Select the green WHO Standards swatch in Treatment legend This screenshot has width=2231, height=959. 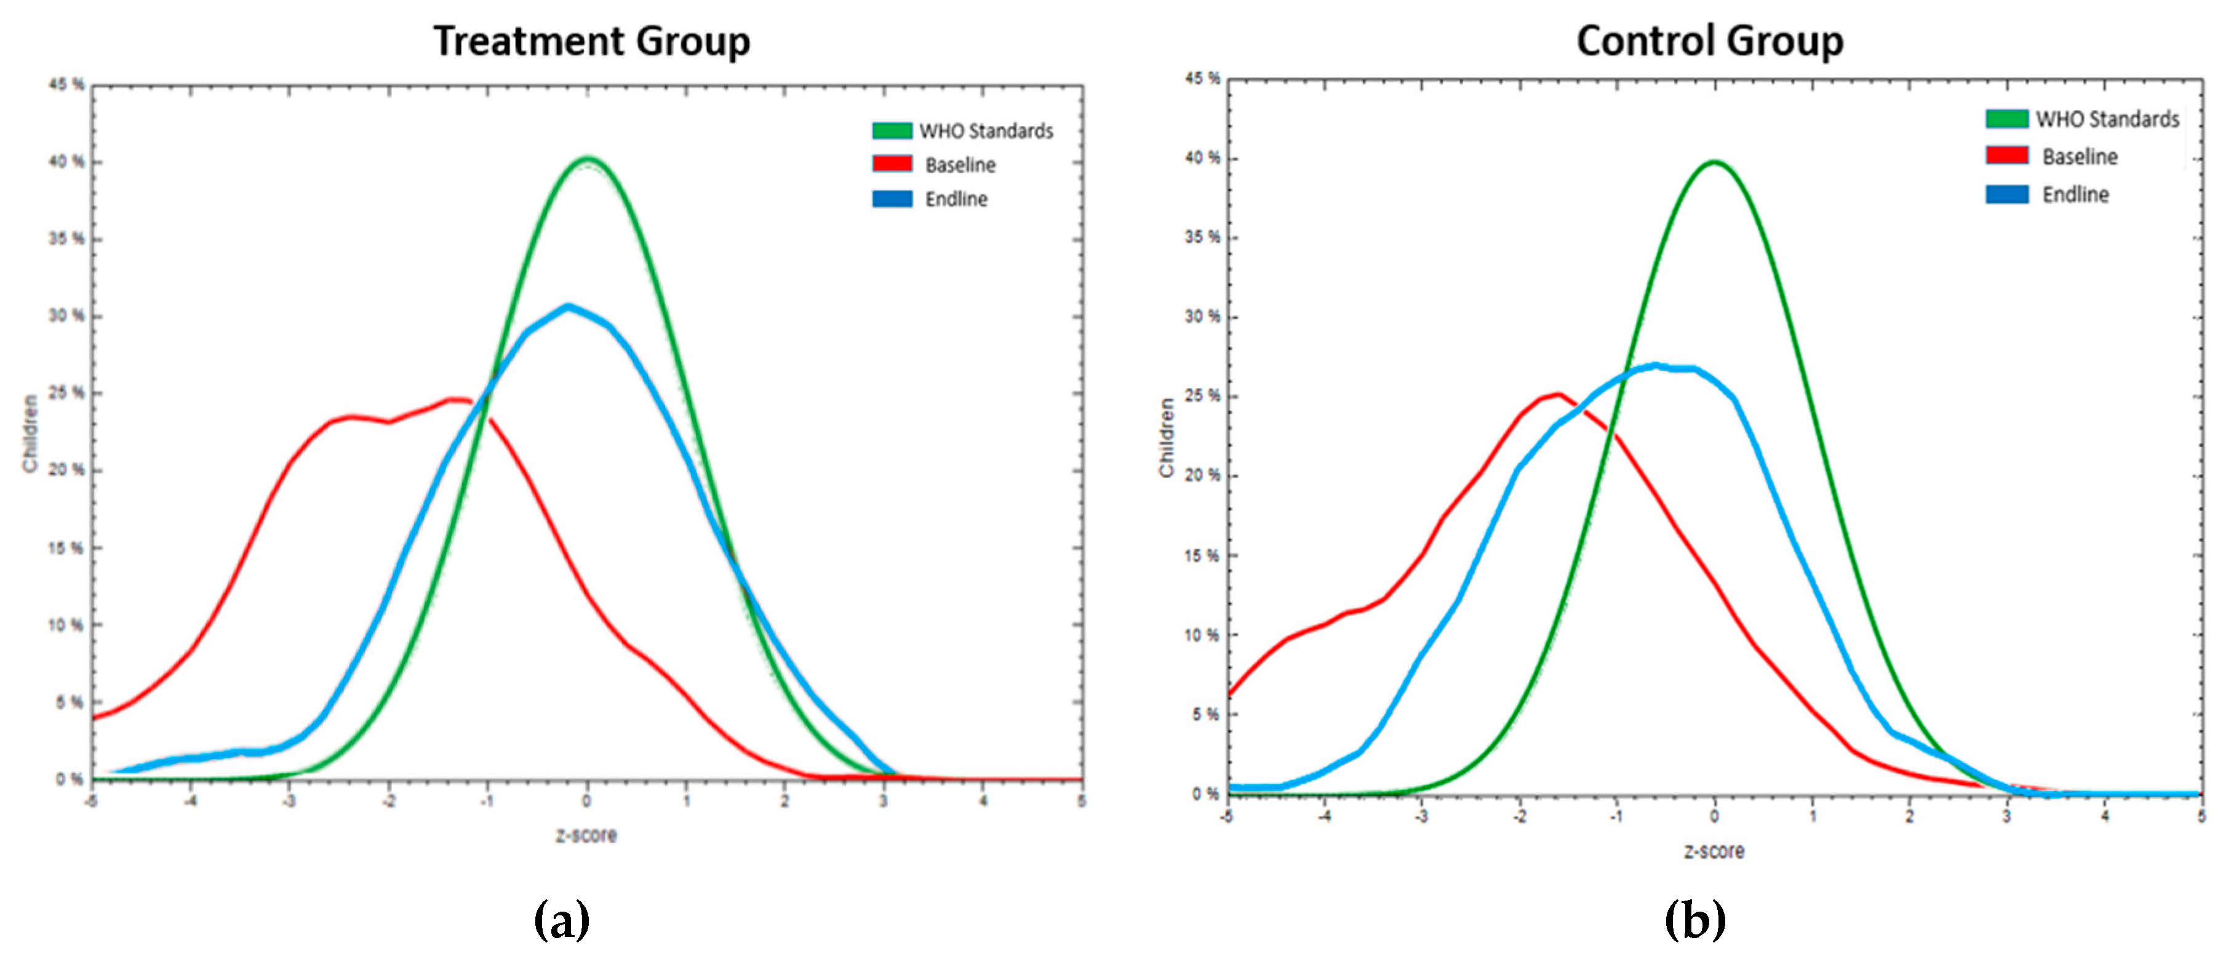click(x=892, y=131)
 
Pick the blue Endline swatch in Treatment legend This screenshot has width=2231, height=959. click(x=892, y=199)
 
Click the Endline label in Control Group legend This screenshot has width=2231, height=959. click(x=2075, y=195)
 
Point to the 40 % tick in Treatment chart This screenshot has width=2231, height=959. click(x=66, y=162)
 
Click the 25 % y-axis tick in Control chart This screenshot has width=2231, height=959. click(x=1202, y=395)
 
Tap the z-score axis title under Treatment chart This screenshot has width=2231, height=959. click(x=586, y=835)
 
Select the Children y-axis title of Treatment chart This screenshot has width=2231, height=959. click(x=30, y=433)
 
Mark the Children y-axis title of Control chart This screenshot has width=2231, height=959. click(x=1167, y=437)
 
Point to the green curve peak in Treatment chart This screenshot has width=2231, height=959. click(x=588, y=159)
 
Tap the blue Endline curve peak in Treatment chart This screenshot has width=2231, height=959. click(x=568, y=306)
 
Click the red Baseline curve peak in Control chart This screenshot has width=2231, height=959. click(x=1558, y=395)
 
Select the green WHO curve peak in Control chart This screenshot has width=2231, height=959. click(x=1714, y=162)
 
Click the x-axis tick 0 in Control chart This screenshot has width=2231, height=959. click(x=1714, y=816)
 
